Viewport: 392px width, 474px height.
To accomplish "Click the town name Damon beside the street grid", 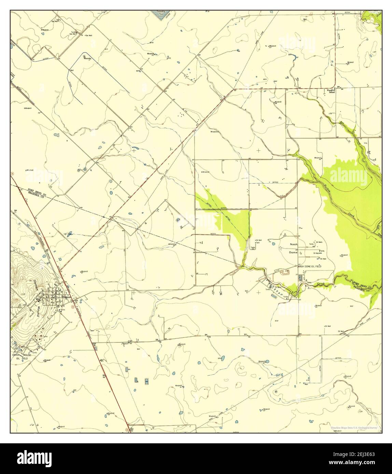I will pos(67,297).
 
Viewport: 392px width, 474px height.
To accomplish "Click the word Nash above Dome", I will pos(294,245).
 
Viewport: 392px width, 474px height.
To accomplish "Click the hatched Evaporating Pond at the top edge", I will pos(161,14).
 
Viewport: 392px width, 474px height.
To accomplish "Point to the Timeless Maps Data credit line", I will pos(353,428).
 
